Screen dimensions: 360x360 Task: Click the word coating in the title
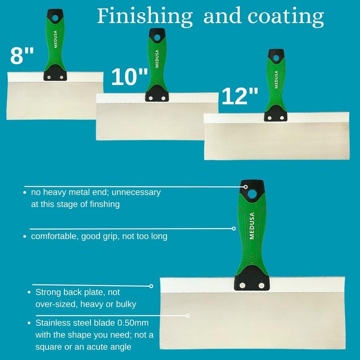285,17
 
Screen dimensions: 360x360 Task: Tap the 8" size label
22,57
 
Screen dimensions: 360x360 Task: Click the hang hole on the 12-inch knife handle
274,57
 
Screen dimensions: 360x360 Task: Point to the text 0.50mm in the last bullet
133,323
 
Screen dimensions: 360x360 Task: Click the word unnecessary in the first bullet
136,192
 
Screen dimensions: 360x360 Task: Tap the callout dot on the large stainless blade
188,316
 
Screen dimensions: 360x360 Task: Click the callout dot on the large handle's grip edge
234,229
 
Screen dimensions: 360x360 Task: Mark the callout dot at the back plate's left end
151,286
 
